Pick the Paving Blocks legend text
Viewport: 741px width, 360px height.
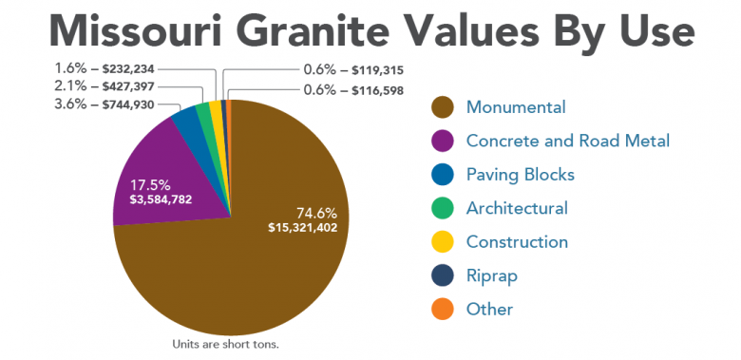point(520,175)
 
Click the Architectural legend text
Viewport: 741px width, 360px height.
point(517,208)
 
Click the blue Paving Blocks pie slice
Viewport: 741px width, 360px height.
point(186,123)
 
